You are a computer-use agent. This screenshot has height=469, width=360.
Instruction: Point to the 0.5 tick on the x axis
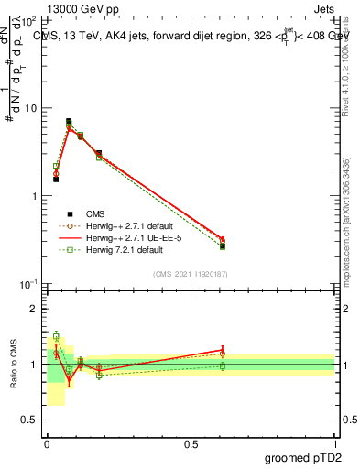[x=191, y=442]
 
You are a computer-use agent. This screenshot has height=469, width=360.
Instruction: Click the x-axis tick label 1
[x=334, y=442]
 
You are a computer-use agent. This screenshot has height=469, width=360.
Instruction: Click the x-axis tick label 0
[x=47, y=442]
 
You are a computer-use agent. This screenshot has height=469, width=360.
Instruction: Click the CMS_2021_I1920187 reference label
[x=190, y=273]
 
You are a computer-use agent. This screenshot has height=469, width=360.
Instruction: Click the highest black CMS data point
[x=69, y=121]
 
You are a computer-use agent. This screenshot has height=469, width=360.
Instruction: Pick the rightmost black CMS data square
[x=223, y=245]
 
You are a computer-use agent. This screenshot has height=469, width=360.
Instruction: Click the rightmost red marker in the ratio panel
[x=223, y=350]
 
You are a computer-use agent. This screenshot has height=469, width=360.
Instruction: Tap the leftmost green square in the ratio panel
[x=56, y=336]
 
